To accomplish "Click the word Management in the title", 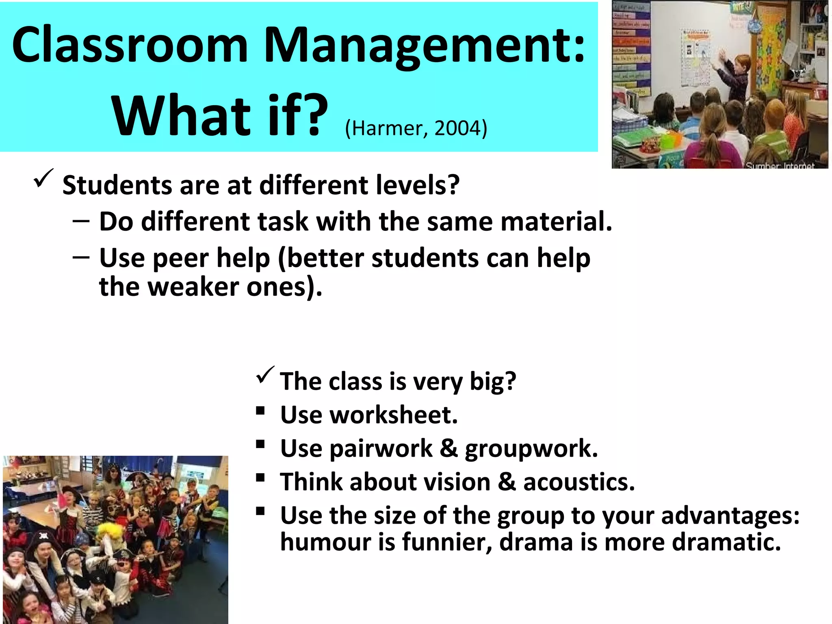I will coord(425,45).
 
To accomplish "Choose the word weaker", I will coord(193,287).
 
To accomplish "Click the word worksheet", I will coord(394,415).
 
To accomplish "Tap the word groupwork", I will coord(531,449).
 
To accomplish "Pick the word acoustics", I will coord(579,482).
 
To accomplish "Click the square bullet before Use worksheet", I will coord(260,411).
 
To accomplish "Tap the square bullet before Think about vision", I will coord(260,478).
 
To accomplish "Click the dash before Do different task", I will coord(81,222).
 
